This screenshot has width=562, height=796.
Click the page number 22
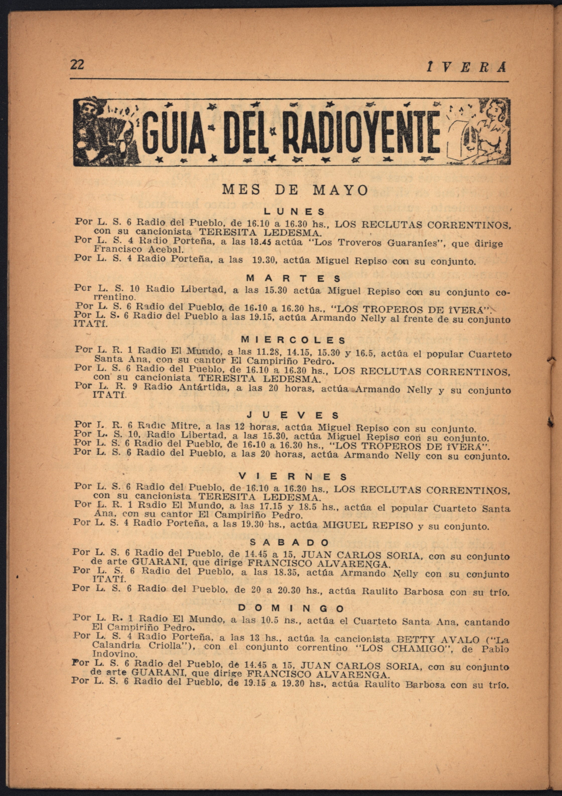77,65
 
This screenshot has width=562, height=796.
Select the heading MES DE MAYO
295,190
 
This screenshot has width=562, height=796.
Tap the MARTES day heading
294,278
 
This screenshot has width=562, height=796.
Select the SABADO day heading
289,542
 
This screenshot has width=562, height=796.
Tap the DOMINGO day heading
291,608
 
